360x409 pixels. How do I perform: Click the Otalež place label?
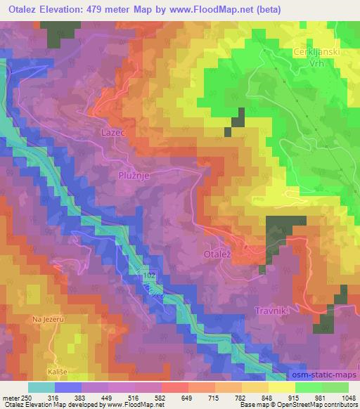(x=219, y=251)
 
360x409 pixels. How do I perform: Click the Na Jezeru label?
(x=48, y=320)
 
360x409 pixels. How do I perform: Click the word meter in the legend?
(x=10, y=397)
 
